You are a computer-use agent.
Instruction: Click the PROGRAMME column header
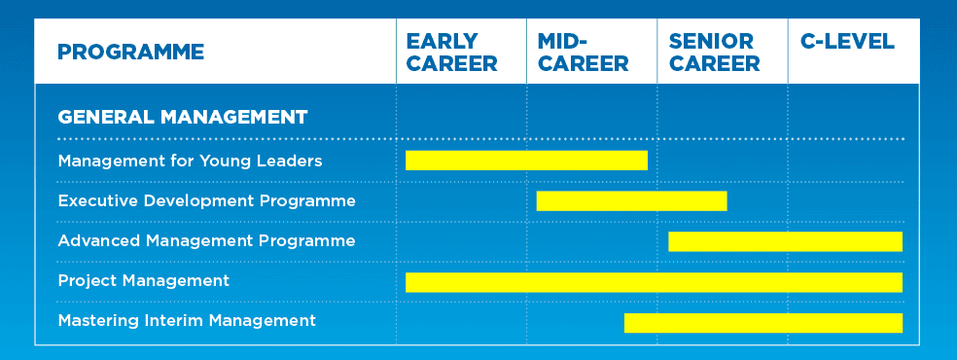coord(130,52)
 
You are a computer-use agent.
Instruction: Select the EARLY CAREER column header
coord(451,53)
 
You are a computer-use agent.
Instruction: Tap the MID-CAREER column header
coord(583,53)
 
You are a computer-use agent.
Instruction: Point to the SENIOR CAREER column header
coord(714,53)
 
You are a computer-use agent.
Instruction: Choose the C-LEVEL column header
coord(847,42)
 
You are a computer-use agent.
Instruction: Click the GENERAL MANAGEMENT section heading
coord(183,117)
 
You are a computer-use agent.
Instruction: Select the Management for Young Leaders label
coord(190,162)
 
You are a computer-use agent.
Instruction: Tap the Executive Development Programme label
coord(206,200)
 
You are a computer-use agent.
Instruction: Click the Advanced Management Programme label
coord(206,240)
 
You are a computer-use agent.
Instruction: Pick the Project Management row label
coord(143,280)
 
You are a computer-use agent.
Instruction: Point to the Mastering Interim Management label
coord(187,320)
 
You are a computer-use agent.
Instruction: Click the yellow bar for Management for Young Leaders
coord(526,161)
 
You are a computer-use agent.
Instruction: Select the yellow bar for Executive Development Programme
coord(632,200)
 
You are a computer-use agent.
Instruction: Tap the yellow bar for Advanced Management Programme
coord(786,241)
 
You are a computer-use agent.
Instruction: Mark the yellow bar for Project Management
coord(655,282)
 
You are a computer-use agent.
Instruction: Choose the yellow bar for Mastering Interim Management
coord(763,323)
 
